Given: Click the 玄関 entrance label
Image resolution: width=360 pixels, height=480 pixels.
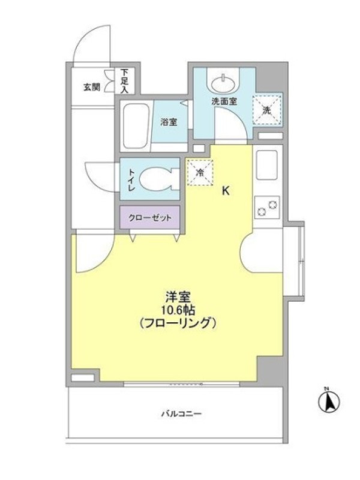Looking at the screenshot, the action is click(92, 87).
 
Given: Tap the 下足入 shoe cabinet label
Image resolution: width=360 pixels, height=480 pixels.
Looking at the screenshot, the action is click(124, 81).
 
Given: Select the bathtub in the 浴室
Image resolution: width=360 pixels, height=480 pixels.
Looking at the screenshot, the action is click(136, 126).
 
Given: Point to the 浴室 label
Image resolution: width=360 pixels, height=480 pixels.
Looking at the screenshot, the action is click(169, 122).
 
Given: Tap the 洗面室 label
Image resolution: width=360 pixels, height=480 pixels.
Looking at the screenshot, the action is click(224, 101).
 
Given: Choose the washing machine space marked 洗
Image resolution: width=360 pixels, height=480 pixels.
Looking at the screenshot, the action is click(266, 110).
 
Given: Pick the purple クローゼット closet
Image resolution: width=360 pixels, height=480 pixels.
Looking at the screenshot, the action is click(149, 218).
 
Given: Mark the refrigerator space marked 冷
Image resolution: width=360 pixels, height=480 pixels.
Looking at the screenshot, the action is click(200, 173).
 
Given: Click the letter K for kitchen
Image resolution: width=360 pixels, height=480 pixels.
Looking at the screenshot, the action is click(226, 191).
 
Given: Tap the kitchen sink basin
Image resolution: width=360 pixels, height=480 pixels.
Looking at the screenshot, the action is click(266, 165).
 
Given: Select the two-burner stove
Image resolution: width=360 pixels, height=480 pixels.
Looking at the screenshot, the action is click(266, 207).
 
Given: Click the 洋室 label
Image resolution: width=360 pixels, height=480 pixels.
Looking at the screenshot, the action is click(178, 297).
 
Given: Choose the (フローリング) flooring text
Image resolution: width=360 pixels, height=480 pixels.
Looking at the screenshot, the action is click(178, 323).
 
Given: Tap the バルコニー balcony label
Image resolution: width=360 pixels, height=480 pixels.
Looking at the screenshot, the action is click(182, 414).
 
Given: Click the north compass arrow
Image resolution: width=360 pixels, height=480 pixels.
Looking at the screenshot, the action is click(329, 401).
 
